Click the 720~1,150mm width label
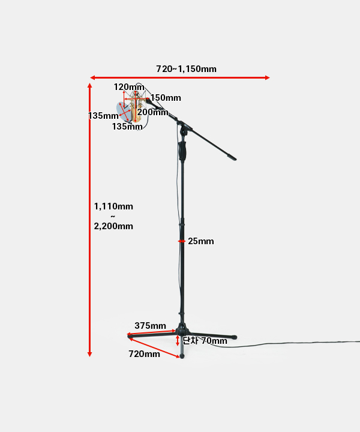point(186,68)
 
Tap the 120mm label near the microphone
point(129,87)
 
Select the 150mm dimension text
point(165,98)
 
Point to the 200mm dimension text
point(152,112)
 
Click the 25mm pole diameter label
point(200,241)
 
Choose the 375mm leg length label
point(150,326)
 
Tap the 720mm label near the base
point(144,354)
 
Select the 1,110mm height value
point(113,206)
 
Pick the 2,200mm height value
point(113,226)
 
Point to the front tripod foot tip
point(182,356)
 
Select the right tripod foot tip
point(234,338)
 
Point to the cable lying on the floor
point(288,344)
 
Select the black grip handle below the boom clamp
point(182,150)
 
